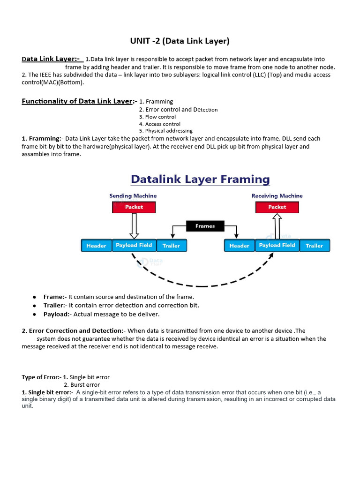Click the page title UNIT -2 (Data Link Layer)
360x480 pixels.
[180, 41]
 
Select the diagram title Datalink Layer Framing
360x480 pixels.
[200, 179]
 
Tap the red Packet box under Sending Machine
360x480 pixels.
[134, 207]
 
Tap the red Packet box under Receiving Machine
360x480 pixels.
[277, 207]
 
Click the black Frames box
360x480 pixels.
[205, 226]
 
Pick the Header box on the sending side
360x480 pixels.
[96, 246]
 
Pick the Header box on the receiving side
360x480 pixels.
[239, 246]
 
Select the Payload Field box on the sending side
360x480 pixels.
[134, 245]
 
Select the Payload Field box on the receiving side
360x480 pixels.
[277, 245]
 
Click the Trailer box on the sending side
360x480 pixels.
[171, 246]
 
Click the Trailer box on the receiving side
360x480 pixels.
[314, 246]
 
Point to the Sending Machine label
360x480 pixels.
[133, 196]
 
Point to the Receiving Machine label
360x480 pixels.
[277, 196]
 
